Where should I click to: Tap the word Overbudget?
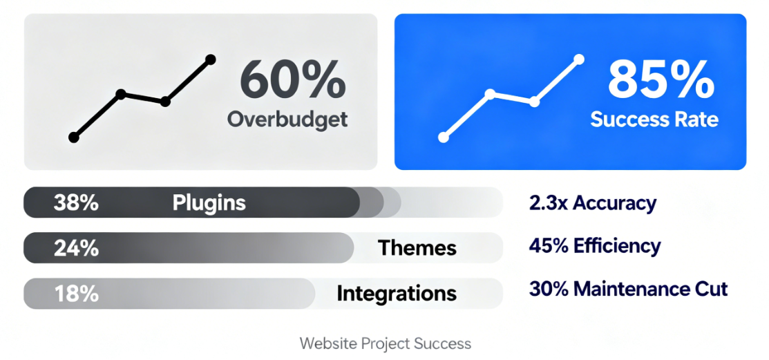coord(287,120)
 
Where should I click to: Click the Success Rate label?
coord(654,120)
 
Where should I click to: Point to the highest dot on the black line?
coord(211,59)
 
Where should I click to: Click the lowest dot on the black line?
coord(74,138)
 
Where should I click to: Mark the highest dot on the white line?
coord(579,59)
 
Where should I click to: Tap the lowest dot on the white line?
coord(444,138)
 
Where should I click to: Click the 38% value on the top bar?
coord(76,203)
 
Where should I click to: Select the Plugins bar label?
coord(209,203)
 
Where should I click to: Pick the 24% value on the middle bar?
coord(76,247)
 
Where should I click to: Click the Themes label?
coord(417,247)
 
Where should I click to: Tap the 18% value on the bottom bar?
coord(76,293)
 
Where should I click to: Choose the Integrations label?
coord(397,293)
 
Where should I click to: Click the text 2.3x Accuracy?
coord(592,203)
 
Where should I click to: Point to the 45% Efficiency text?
coord(595,245)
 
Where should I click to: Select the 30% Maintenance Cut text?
coord(628,288)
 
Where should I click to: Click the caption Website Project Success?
coord(386,343)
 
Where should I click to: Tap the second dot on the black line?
coord(121,93)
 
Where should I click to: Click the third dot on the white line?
coord(534,102)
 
